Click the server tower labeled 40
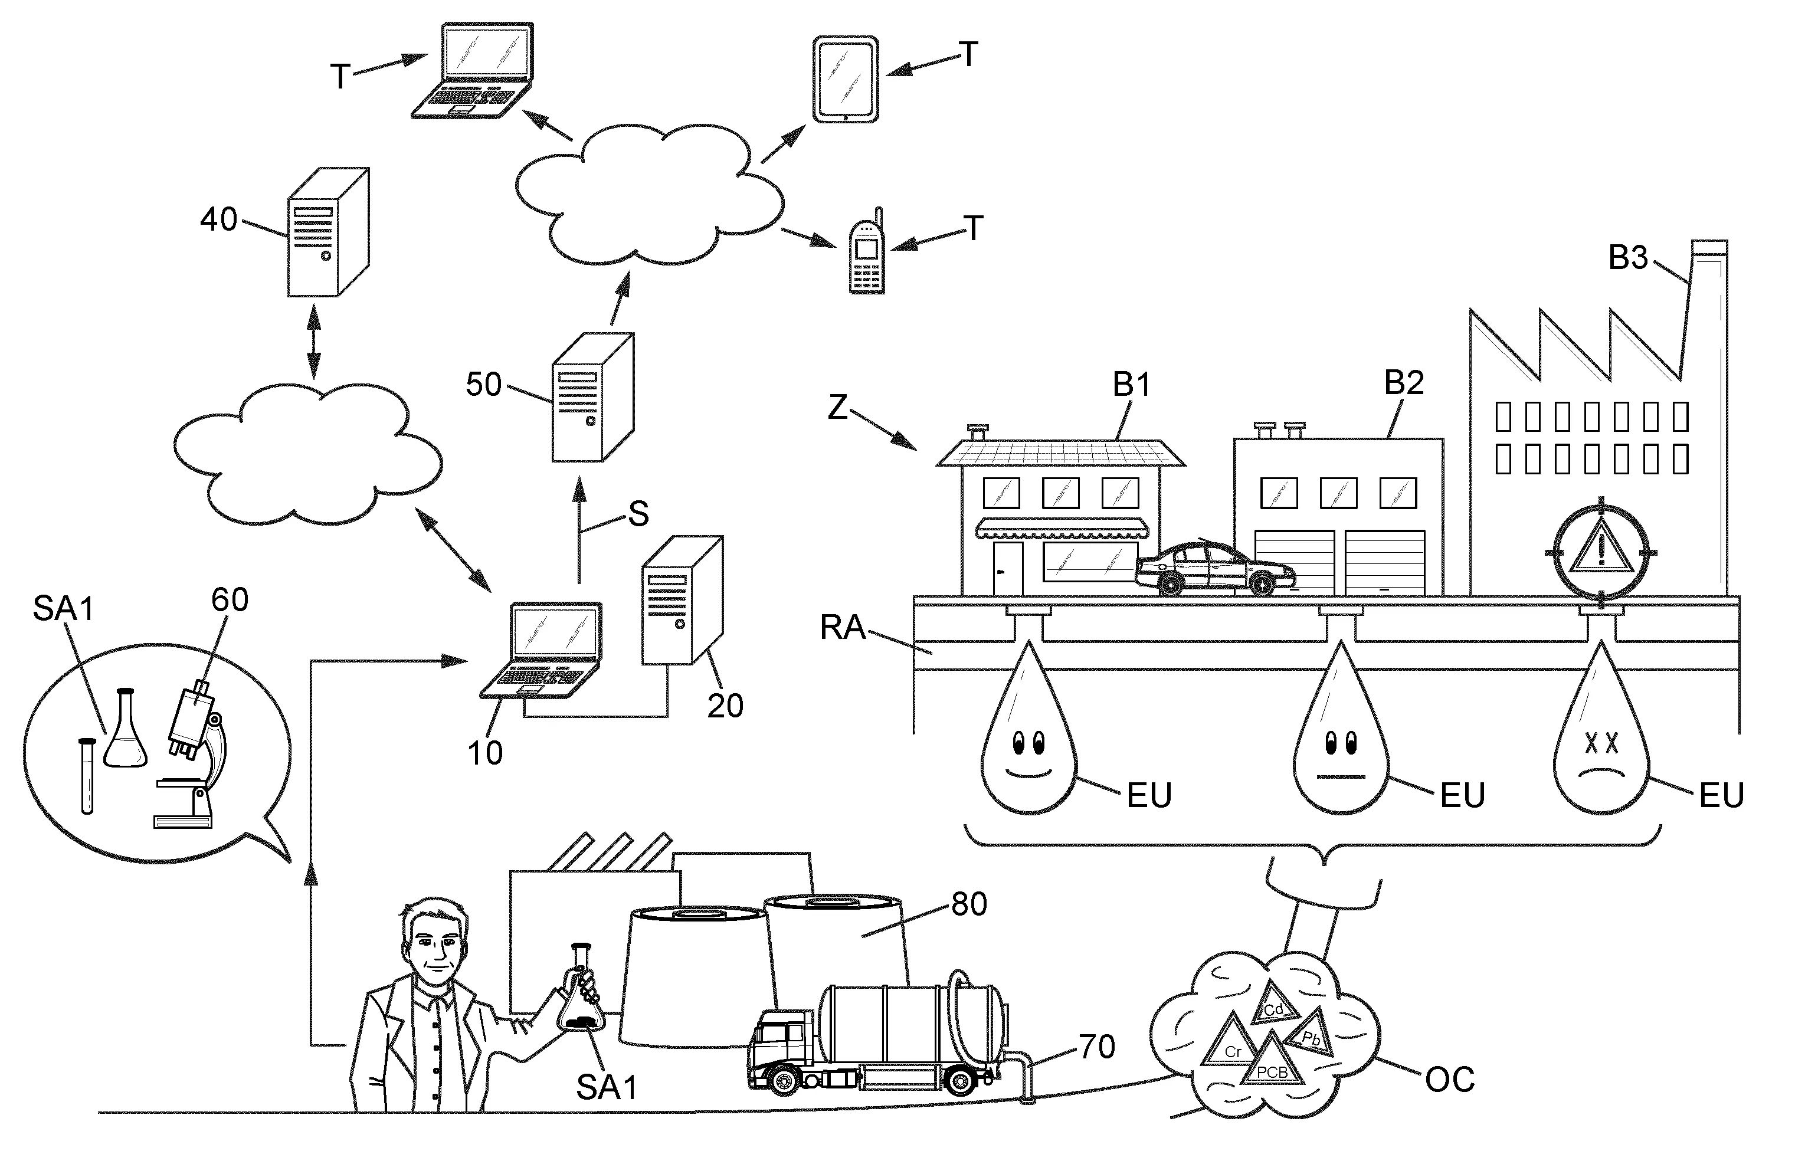pos(327,232)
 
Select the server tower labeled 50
pos(592,398)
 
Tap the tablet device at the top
pos(846,78)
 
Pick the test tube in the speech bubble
pos(87,775)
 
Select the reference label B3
pos(1628,258)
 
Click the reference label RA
pos(843,628)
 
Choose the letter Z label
pos(837,408)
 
